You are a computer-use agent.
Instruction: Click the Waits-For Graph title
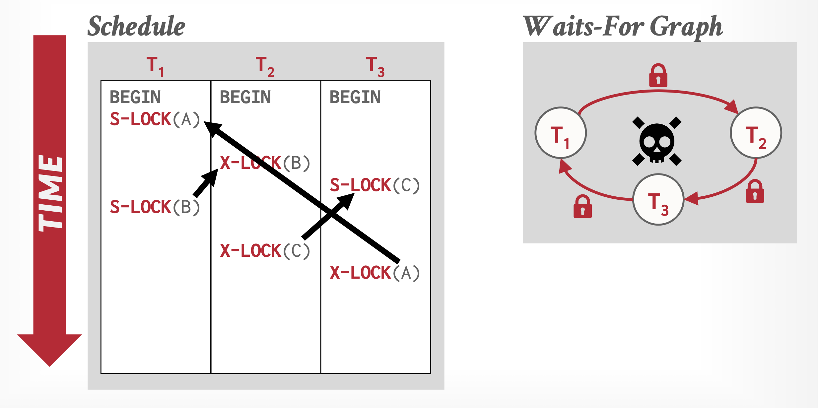623,27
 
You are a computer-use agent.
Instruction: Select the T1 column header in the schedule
155,66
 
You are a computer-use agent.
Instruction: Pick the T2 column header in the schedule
265,66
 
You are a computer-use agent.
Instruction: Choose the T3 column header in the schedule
375,66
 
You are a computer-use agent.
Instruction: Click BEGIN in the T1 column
135,97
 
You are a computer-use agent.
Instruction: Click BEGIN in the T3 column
355,97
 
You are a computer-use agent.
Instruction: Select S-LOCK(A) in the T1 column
155,119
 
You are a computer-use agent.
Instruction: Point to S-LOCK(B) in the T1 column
155,207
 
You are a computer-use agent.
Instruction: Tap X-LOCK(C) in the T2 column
265,251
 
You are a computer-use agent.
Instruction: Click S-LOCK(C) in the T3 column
375,185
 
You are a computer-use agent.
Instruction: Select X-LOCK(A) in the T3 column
375,273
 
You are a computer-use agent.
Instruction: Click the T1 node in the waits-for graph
561,133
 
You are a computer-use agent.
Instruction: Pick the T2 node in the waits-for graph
756,133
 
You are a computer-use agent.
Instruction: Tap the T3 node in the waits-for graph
658,200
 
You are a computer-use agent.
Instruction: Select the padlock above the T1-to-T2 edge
658,76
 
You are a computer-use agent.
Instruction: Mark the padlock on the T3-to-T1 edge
582,207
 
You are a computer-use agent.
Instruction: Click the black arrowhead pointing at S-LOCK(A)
212,128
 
